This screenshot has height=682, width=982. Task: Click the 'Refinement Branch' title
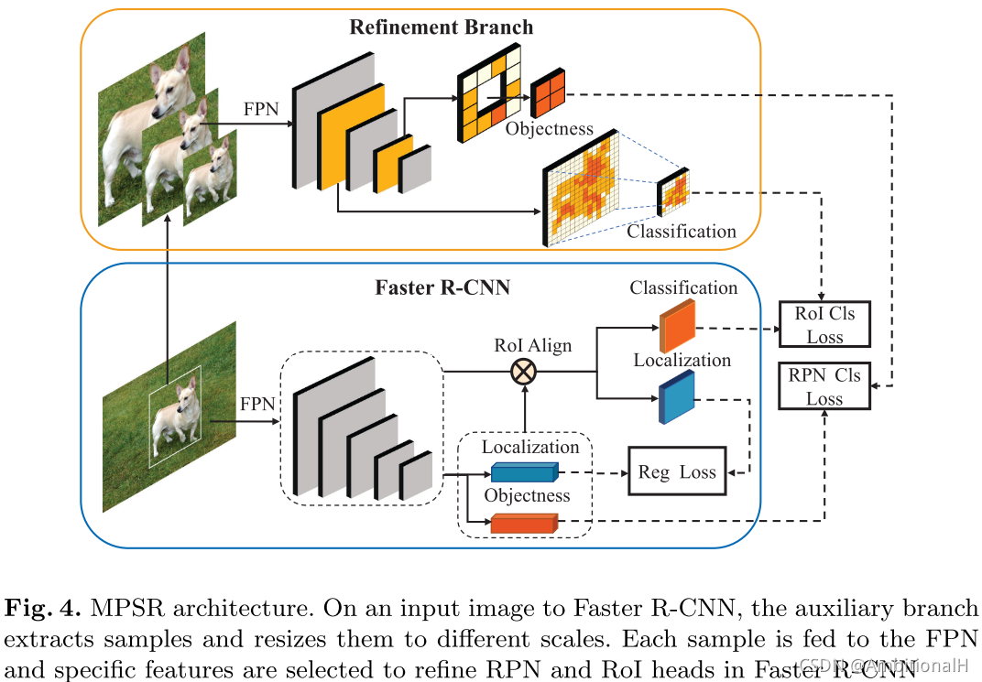[441, 27]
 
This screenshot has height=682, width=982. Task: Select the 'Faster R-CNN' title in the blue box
[442, 287]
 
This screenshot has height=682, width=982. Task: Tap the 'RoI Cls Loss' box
[824, 325]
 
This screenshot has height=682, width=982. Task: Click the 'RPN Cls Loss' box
[824, 386]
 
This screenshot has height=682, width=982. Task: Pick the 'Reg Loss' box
[677, 471]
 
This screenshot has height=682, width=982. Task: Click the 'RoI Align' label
[532, 345]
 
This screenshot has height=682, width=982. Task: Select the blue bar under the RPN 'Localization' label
[523, 472]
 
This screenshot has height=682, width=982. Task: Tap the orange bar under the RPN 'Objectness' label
[523, 524]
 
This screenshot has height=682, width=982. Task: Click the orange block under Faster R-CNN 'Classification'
[677, 326]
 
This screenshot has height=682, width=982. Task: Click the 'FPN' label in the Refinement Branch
[261, 109]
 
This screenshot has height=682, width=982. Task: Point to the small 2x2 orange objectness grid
[547, 94]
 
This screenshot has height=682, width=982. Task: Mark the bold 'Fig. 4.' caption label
[41, 609]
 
